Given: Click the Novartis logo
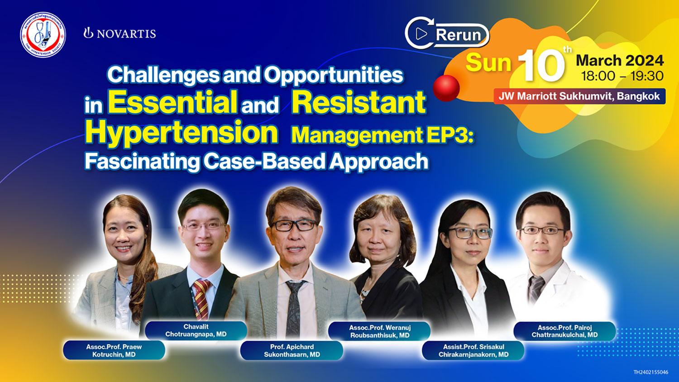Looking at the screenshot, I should click(120, 33).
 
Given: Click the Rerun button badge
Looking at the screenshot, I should click(447, 35).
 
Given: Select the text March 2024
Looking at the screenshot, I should click(619, 60).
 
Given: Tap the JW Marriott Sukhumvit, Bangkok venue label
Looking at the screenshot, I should click(579, 96).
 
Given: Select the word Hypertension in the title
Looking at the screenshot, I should click(181, 132).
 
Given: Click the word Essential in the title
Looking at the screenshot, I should click(172, 103).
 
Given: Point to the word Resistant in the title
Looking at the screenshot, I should click(359, 103).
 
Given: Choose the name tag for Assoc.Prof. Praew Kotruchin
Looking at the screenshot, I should click(114, 350).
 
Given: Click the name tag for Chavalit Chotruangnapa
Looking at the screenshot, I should click(196, 330).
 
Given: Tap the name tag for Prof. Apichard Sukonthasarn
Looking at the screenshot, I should click(292, 350).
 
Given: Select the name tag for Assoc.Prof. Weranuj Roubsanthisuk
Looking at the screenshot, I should click(379, 331).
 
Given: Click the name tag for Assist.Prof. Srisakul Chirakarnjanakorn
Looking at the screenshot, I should click(473, 350).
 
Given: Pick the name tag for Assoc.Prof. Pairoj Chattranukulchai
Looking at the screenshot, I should click(564, 331).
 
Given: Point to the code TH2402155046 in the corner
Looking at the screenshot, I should click(650, 372).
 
